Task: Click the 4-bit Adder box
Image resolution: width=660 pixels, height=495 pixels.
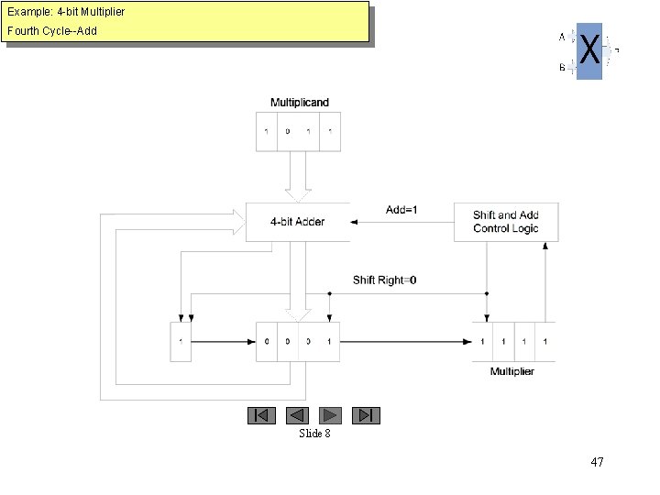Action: [297, 222]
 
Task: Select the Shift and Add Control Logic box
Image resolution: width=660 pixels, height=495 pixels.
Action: [506, 222]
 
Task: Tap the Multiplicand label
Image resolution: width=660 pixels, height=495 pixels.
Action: [299, 103]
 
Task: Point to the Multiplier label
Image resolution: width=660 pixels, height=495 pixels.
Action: [512, 371]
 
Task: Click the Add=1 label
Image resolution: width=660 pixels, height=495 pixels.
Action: [401, 210]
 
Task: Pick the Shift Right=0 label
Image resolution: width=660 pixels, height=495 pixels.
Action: [385, 280]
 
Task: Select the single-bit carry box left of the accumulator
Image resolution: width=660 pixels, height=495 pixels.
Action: [181, 342]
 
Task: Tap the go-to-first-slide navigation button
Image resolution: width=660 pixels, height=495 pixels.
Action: [261, 415]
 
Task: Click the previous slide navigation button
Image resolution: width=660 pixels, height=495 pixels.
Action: [297, 415]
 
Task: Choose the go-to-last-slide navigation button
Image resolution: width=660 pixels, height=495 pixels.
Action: [366, 415]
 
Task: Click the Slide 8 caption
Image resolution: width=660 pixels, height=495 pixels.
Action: [314, 433]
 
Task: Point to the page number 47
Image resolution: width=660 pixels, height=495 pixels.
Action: [597, 462]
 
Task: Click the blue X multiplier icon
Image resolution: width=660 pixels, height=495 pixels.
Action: [589, 51]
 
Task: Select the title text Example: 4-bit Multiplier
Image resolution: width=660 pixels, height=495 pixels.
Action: [66, 12]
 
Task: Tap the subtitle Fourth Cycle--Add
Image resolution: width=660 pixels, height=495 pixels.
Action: [52, 31]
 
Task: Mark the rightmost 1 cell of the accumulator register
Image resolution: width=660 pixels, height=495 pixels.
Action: [329, 342]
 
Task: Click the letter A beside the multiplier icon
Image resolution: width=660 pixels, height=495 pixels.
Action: [562, 38]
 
